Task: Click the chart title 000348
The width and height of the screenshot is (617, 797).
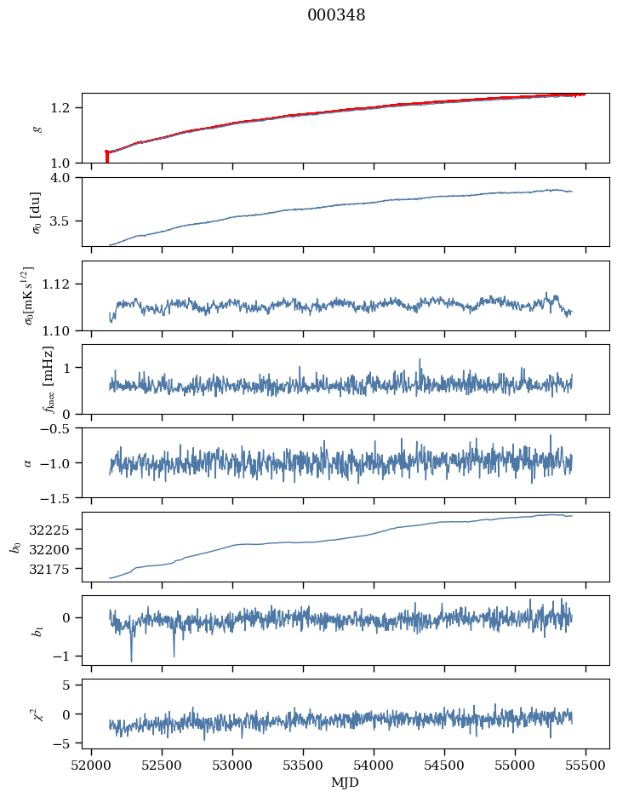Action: coord(336,15)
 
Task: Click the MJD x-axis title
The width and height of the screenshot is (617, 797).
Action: coord(345,783)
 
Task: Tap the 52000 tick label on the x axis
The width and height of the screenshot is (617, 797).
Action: coord(92,765)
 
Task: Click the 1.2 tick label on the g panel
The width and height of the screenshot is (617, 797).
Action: coord(67,107)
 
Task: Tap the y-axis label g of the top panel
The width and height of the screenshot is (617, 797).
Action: coord(36,128)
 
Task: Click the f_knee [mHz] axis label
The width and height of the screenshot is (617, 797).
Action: coord(49,379)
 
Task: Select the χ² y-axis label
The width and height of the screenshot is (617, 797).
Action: coord(36,714)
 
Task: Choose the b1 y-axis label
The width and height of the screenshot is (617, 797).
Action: coord(36,630)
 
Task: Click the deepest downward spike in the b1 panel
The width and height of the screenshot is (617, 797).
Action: coord(131,660)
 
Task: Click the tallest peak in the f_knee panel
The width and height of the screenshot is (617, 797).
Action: coord(420,360)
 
